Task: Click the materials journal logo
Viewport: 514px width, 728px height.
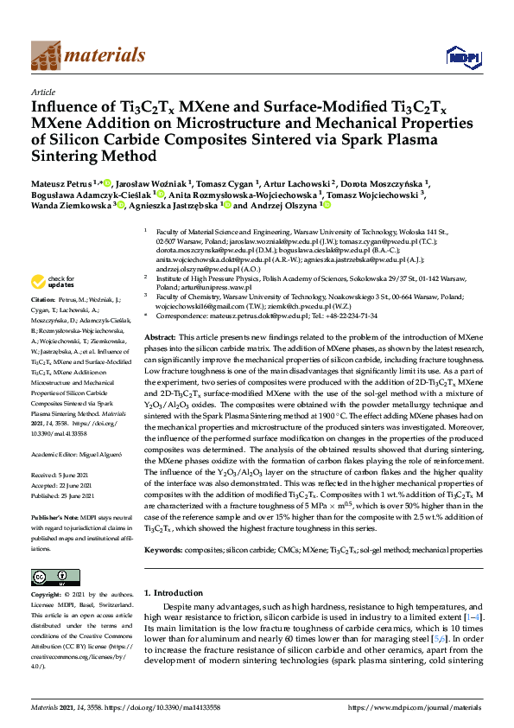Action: click(88, 56)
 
